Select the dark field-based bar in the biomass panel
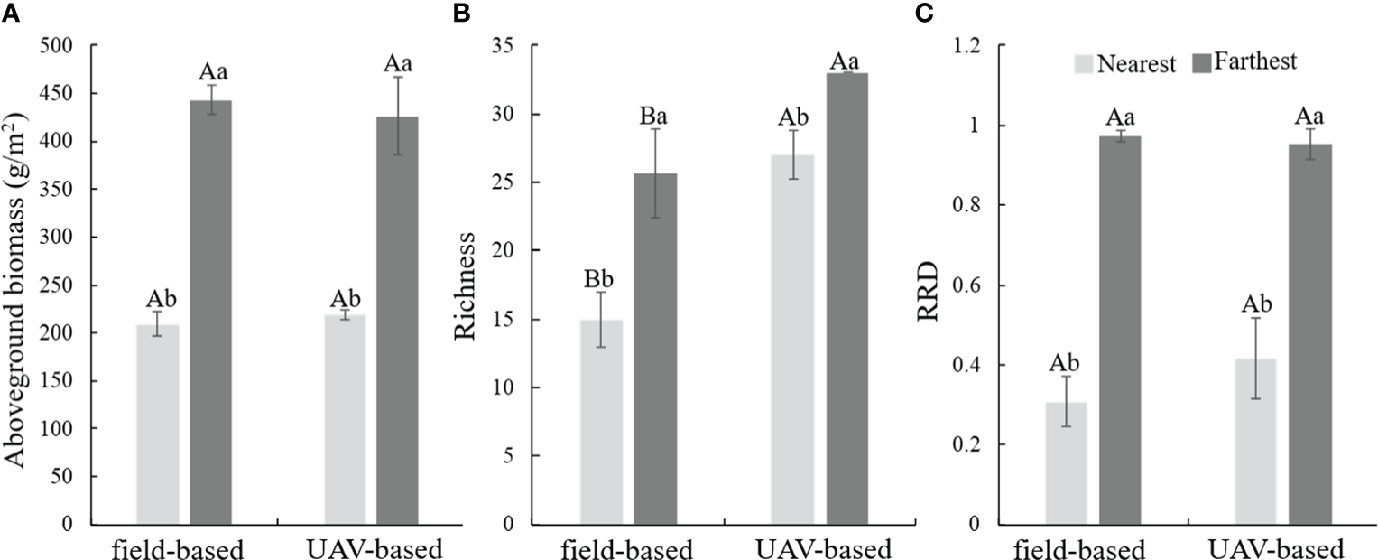click(209, 312)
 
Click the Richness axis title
click(466, 285)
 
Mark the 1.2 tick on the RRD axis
click(979, 46)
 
